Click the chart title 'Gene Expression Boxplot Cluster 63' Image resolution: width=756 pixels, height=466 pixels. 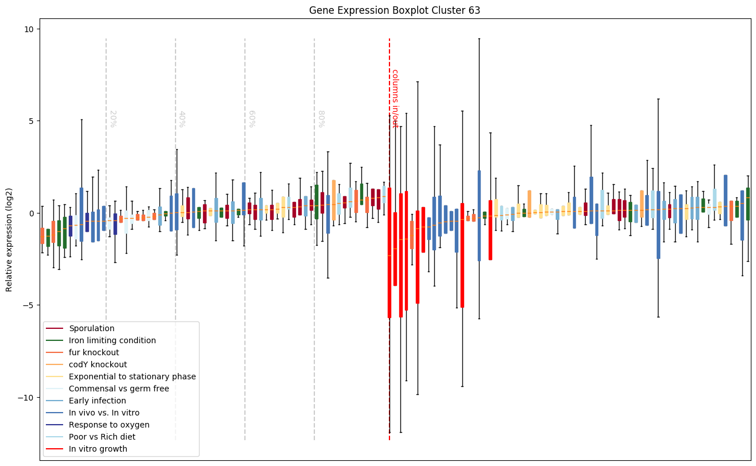395,10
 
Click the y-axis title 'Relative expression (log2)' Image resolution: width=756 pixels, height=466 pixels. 9,240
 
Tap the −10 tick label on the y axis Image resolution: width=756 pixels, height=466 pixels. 28,398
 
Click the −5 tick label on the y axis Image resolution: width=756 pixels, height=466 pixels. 29,305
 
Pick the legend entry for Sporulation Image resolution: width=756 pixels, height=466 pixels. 92,329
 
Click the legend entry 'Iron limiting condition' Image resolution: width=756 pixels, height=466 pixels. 112,341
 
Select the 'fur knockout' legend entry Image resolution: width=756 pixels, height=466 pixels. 94,353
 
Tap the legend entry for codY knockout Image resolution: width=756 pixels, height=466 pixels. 98,365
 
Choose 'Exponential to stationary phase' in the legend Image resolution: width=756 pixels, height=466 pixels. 133,377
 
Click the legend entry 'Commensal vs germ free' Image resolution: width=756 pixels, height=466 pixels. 119,389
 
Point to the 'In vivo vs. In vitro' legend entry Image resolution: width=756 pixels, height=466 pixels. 104,413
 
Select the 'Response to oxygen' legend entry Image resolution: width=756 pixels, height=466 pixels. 109,425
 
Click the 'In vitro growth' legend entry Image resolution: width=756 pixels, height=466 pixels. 98,449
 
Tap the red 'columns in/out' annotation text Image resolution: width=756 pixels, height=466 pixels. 395,98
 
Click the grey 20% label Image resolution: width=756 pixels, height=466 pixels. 112,119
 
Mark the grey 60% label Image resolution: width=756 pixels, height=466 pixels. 251,119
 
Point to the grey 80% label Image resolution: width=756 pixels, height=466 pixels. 321,119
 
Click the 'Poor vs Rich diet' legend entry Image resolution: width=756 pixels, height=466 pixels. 102,437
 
